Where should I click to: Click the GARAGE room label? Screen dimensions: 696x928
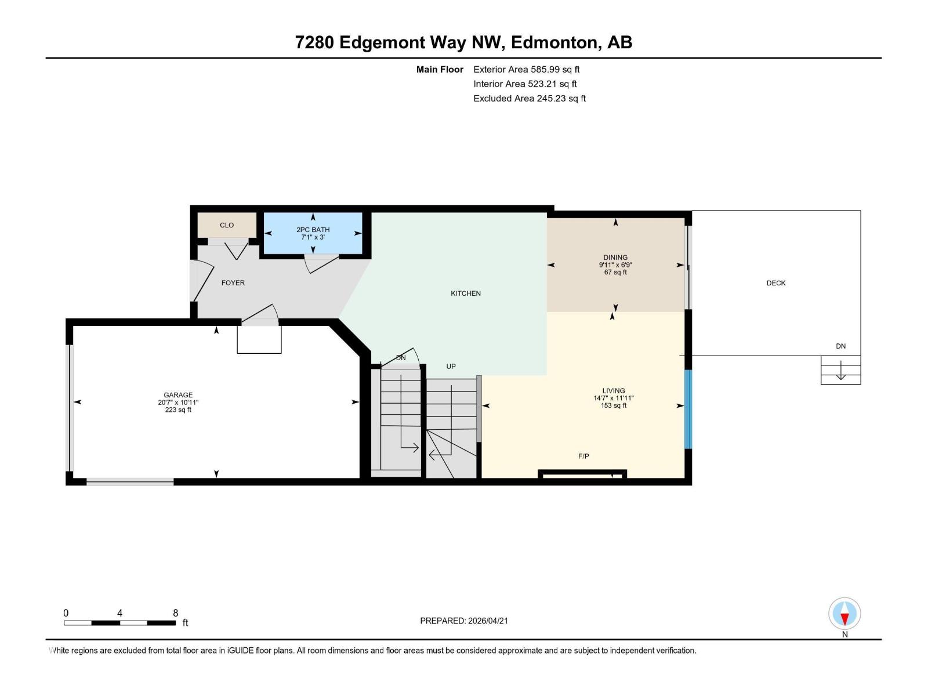tap(178, 395)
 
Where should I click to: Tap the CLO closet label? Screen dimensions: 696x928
tap(227, 225)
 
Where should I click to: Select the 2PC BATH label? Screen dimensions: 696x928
tap(313, 230)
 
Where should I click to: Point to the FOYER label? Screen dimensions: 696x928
tap(233, 283)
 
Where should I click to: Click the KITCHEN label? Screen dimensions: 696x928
tap(466, 293)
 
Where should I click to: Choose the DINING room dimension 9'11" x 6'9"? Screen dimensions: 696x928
tap(615, 265)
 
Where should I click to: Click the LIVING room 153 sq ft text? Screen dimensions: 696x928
tap(614, 405)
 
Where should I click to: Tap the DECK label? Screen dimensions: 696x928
tap(776, 283)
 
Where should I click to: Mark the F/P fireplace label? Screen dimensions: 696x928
tap(584, 456)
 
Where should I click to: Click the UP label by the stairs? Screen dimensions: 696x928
tap(451, 367)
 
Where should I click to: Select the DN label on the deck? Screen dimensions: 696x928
tap(840, 346)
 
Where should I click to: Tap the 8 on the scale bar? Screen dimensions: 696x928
tap(175, 613)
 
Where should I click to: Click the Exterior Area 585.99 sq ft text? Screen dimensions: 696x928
tap(526, 70)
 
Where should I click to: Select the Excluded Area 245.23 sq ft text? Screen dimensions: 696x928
tap(529, 99)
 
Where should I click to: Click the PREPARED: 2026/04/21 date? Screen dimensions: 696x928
tap(464, 621)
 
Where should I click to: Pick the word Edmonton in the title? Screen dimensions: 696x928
tap(554, 42)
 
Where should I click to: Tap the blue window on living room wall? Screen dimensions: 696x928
tap(688, 409)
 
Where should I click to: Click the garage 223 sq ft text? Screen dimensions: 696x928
tap(178, 410)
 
